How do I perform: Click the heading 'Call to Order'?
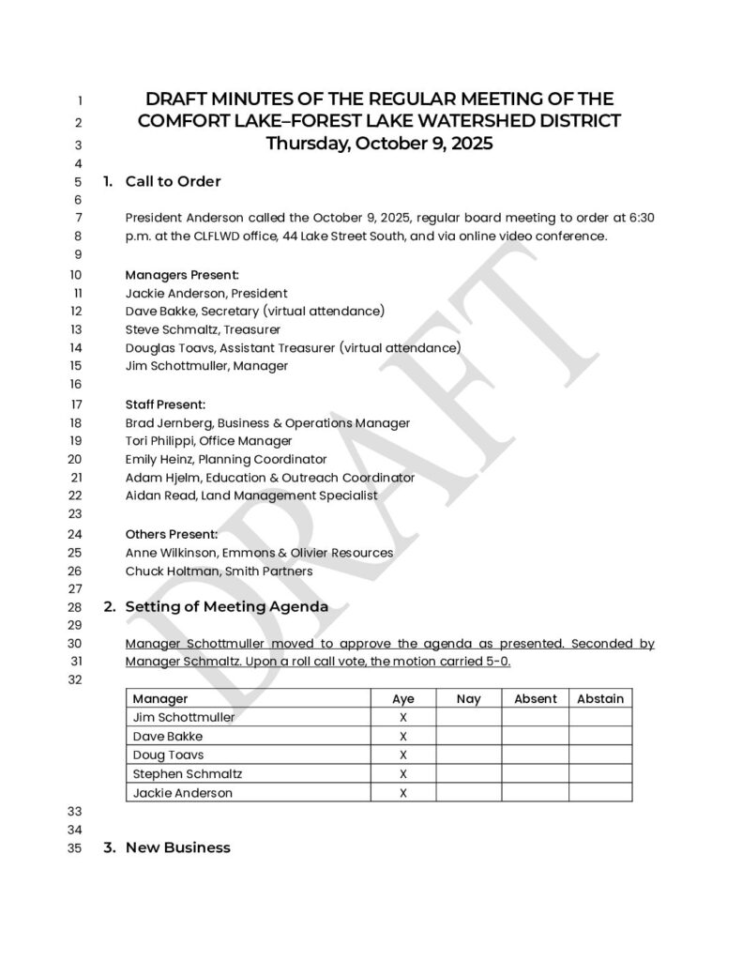[173, 181]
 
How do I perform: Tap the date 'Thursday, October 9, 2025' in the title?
[379, 144]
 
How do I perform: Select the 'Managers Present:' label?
[182, 275]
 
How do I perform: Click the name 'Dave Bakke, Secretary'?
[191, 311]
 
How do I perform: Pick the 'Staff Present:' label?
[165, 404]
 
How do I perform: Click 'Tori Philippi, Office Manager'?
[208, 440]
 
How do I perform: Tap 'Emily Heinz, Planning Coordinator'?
[225, 459]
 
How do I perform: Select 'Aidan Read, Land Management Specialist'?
[250, 495]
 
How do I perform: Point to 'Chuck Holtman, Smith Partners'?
[219, 570]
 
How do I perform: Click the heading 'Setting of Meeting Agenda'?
[226, 606]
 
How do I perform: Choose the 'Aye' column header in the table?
[402, 698]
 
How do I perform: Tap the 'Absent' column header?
[535, 698]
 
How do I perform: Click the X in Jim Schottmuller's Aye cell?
[402, 717]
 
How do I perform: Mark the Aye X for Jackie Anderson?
[402, 792]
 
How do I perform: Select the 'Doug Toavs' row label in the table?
[168, 755]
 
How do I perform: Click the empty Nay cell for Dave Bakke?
[468, 736]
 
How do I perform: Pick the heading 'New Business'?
[177, 847]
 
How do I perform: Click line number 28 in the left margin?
[76, 607]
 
